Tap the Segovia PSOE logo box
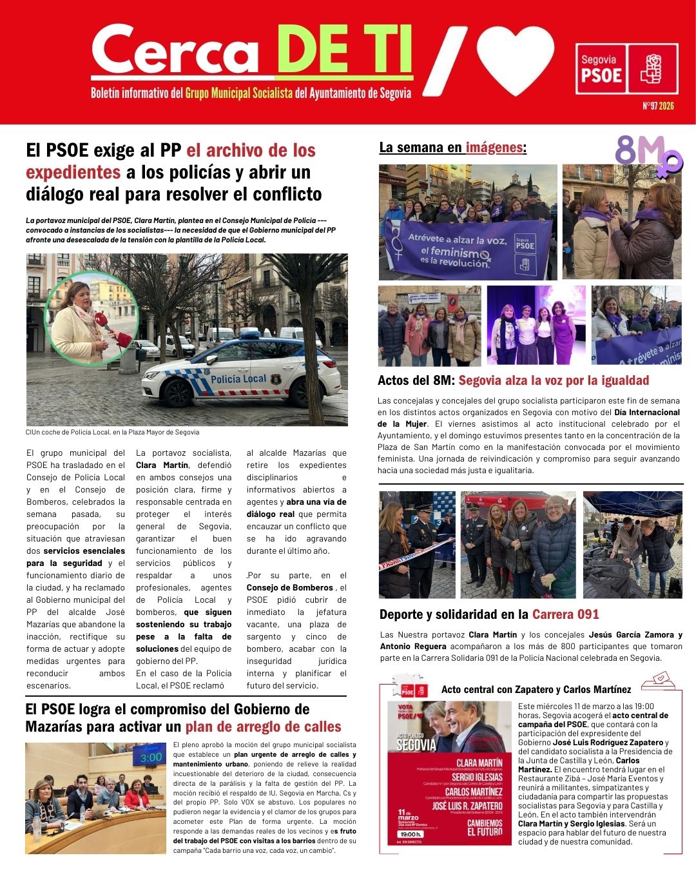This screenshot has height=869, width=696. [626, 69]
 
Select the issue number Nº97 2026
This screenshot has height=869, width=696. [657, 106]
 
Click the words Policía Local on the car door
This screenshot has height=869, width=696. [238, 379]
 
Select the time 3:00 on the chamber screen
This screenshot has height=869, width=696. [151, 757]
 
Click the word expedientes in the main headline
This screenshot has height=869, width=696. [73, 173]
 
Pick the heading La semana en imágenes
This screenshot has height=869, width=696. [452, 148]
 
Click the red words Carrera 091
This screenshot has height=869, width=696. [565, 614]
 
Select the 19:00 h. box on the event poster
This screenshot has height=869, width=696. [411, 834]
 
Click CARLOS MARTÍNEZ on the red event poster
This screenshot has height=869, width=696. [473, 792]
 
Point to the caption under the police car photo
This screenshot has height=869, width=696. [113, 432]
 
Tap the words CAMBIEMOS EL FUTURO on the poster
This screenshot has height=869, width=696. [485, 828]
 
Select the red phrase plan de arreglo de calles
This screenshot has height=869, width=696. [263, 727]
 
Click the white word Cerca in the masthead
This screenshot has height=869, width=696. [174, 53]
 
